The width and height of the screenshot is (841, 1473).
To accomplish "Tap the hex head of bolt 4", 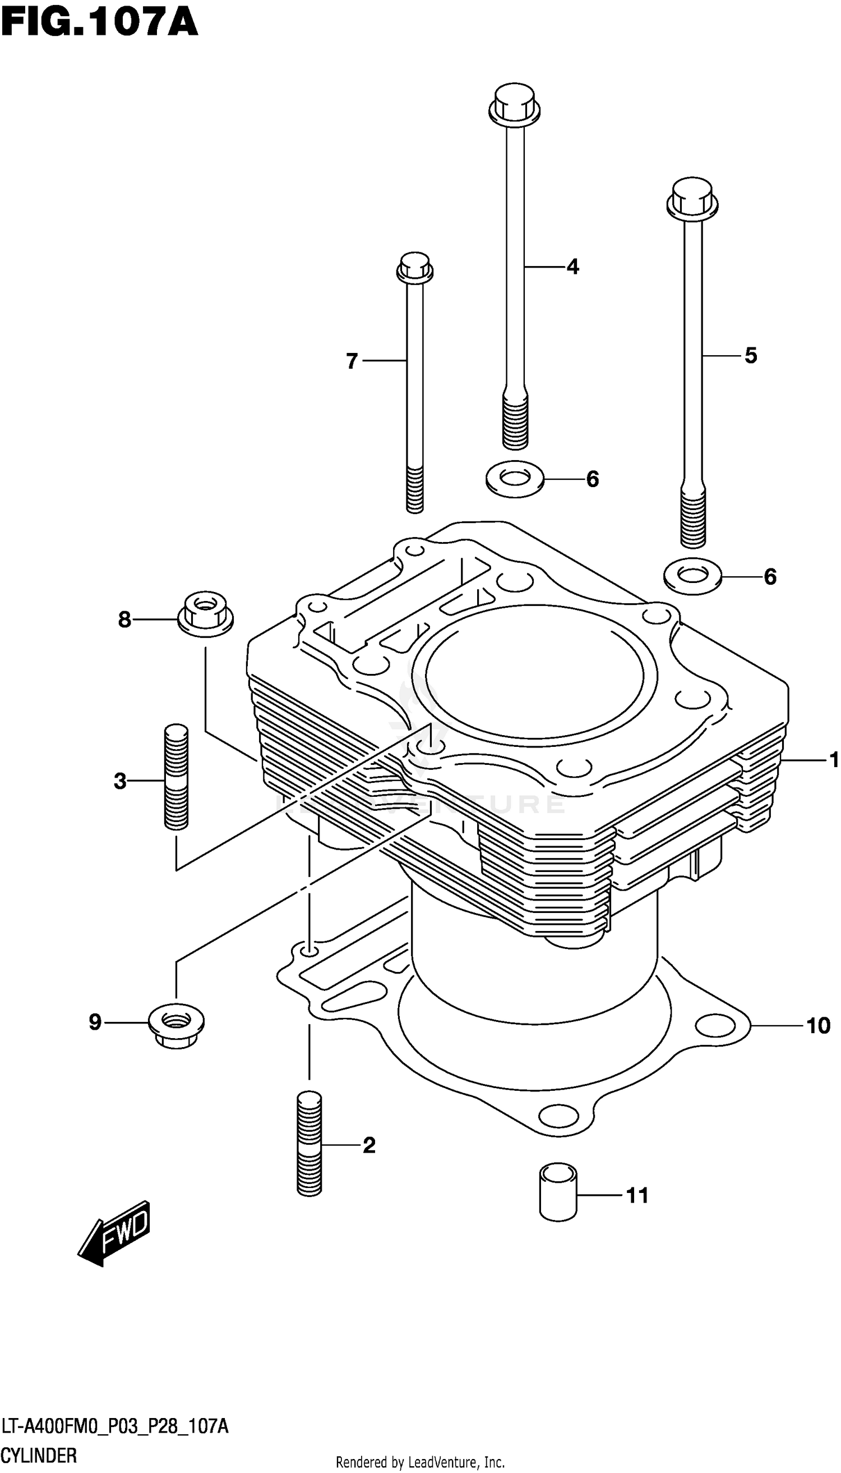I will [514, 105].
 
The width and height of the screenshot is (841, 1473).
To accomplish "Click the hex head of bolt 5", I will [692, 199].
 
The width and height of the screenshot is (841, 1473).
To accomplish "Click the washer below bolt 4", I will [515, 479].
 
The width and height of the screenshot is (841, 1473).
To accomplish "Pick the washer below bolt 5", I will [692, 576].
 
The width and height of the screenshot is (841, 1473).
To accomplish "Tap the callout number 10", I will [818, 1026].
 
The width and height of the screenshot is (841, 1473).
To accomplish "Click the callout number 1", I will [833, 760].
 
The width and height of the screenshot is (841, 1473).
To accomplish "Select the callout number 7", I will [352, 361].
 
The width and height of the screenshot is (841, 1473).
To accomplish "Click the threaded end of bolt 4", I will [515, 421].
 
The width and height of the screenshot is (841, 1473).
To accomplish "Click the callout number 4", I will [572, 267].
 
